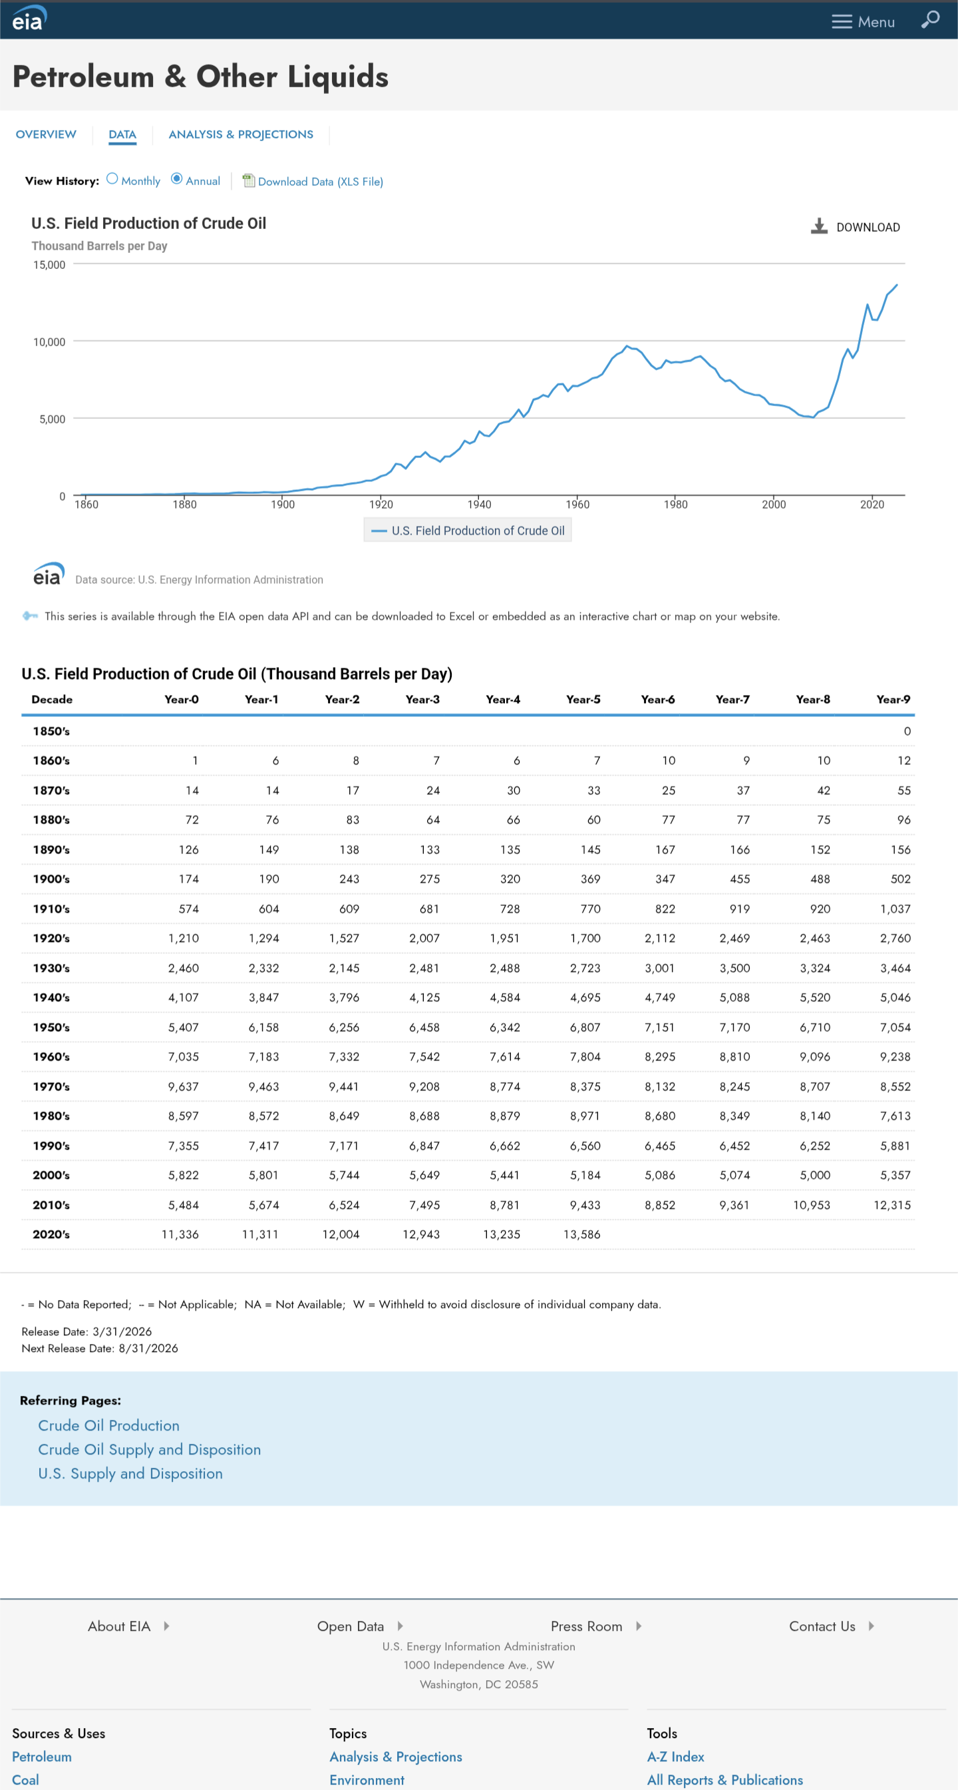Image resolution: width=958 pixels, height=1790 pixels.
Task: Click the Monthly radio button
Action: pyautogui.click(x=112, y=179)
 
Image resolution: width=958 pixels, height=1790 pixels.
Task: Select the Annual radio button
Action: pyautogui.click(x=176, y=179)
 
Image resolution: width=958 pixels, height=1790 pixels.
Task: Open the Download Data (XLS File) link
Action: pyautogui.click(x=319, y=181)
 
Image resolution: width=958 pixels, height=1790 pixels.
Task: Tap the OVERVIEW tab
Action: pyautogui.click(x=46, y=134)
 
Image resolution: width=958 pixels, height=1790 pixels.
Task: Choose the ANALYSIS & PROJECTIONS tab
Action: pyautogui.click(x=240, y=134)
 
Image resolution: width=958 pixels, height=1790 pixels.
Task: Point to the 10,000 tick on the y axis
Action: pyautogui.click(x=49, y=342)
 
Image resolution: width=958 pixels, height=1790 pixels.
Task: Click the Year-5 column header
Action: pyautogui.click(x=583, y=700)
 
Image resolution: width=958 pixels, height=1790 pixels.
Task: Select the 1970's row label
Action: pyautogui.click(x=51, y=1087)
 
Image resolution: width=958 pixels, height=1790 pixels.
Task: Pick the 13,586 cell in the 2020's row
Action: pyautogui.click(x=581, y=1235)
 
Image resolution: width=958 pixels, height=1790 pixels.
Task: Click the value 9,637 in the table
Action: pyautogui.click(x=184, y=1087)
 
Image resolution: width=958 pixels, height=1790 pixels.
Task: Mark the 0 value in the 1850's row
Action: pyautogui.click(x=907, y=732)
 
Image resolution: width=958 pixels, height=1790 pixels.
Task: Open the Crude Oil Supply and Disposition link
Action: pyautogui.click(x=150, y=1450)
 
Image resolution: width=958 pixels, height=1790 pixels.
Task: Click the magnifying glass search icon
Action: pyautogui.click(x=930, y=19)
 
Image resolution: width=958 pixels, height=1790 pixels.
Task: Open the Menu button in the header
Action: pyautogui.click(x=863, y=21)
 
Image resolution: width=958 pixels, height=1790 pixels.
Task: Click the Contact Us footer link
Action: pyautogui.click(x=822, y=1627)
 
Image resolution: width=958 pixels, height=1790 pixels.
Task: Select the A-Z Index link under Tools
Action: pyautogui.click(x=675, y=1757)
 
